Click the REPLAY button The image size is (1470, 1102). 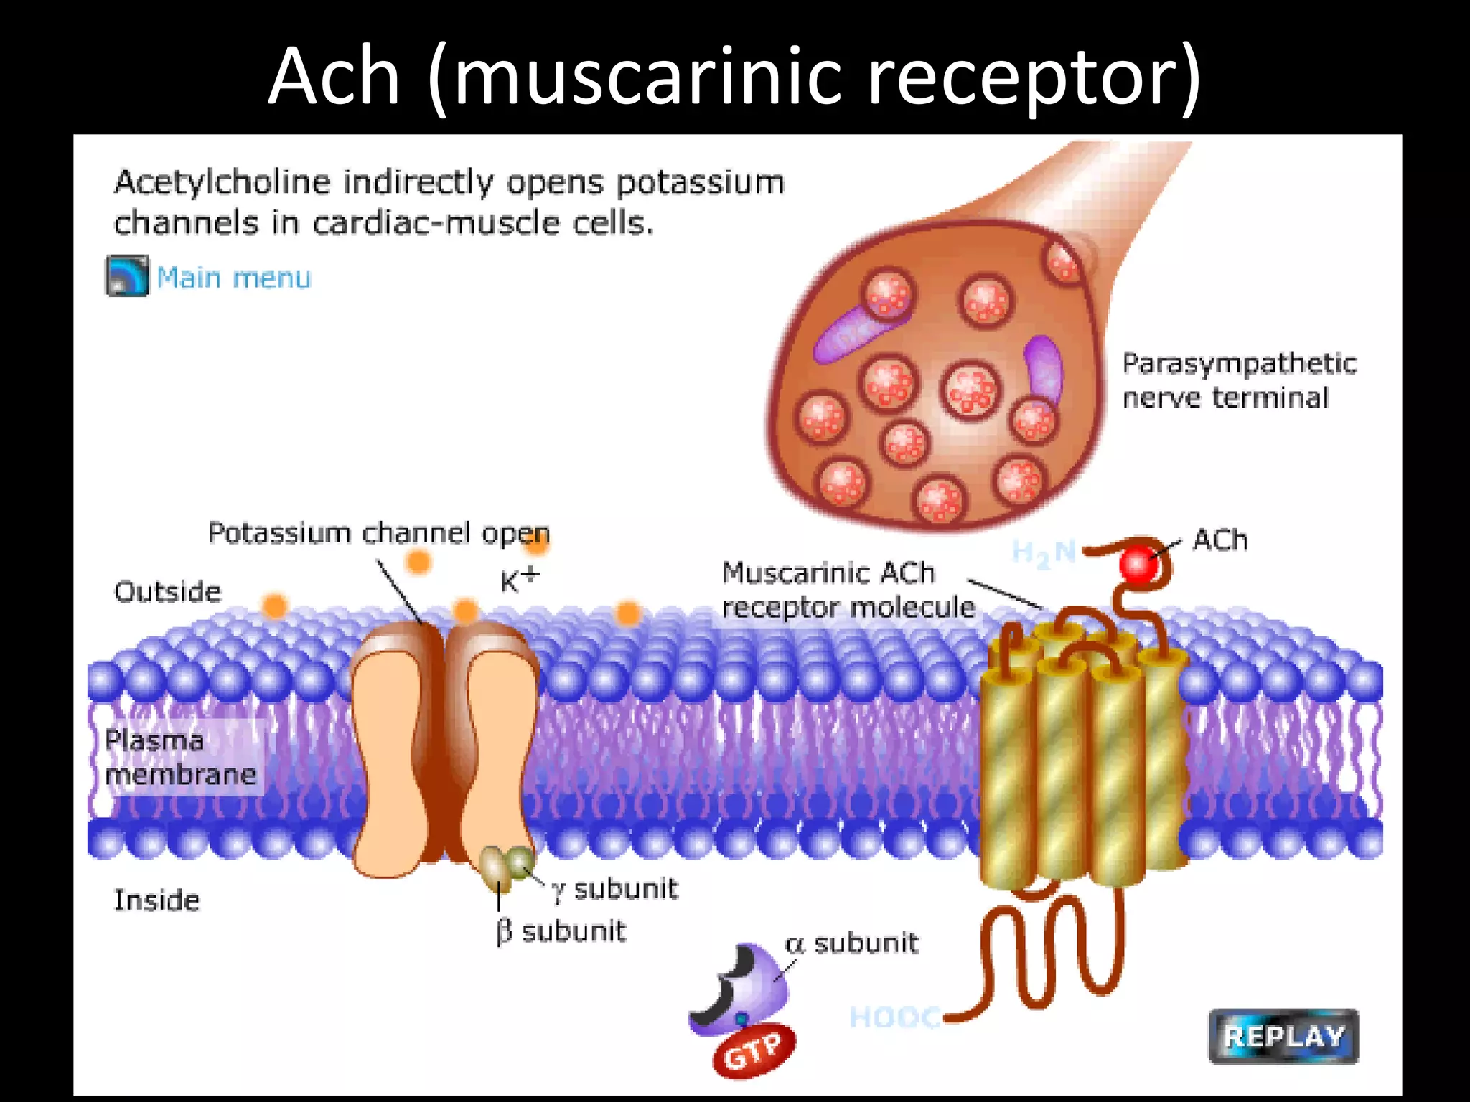click(1283, 1036)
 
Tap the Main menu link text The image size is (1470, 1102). click(233, 278)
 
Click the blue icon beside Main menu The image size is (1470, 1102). click(128, 275)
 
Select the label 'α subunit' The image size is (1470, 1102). click(852, 943)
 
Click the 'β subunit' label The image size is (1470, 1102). click(561, 931)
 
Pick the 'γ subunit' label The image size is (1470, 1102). click(615, 889)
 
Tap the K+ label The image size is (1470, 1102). click(519, 580)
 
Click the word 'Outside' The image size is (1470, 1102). click(167, 592)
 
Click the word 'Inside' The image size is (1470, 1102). click(156, 900)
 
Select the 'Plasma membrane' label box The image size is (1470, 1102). click(180, 758)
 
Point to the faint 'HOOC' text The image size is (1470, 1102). click(894, 1017)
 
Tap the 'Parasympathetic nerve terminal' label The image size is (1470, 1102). click(1238, 380)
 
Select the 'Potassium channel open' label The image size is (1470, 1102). click(378, 533)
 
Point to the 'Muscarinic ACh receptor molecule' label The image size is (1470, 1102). click(847, 590)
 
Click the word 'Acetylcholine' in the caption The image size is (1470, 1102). click(223, 182)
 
